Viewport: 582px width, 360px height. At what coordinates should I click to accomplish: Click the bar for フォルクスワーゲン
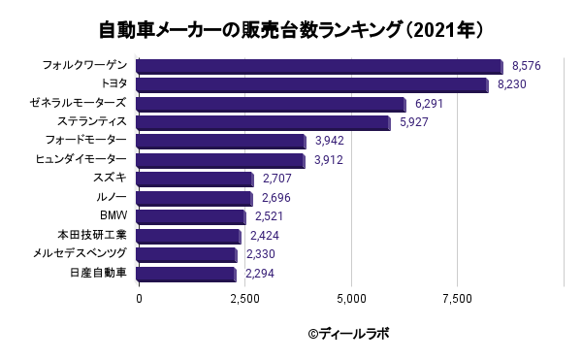[319, 66]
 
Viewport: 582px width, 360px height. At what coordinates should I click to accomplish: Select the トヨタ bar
[312, 85]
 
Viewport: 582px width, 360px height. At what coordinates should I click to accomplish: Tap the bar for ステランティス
[263, 123]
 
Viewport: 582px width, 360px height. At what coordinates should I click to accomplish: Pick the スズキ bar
[195, 180]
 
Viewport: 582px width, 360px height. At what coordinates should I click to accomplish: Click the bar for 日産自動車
[186, 274]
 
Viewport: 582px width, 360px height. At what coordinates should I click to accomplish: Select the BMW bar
[191, 217]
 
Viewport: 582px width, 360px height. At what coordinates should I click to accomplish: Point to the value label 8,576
[527, 66]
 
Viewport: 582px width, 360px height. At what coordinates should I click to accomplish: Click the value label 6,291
[429, 104]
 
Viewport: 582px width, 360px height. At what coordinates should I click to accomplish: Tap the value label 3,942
[330, 141]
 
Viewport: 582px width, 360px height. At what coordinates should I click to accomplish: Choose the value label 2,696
[276, 198]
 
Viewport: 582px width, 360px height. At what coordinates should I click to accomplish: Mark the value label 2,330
[261, 254]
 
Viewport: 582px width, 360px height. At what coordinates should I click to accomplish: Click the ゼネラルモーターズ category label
[79, 103]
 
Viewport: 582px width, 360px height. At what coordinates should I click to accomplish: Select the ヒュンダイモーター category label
[81, 159]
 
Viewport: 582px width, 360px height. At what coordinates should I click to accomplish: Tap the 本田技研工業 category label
[92, 235]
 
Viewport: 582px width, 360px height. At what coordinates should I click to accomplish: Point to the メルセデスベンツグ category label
[80, 253]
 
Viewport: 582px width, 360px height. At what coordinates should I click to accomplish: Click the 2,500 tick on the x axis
[245, 299]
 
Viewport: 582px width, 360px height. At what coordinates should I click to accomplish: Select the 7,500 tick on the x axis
[458, 299]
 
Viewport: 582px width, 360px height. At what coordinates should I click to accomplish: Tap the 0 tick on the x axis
[139, 299]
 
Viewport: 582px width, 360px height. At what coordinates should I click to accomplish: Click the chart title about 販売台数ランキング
[291, 30]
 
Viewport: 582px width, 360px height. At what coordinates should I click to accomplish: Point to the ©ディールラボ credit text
[348, 334]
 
